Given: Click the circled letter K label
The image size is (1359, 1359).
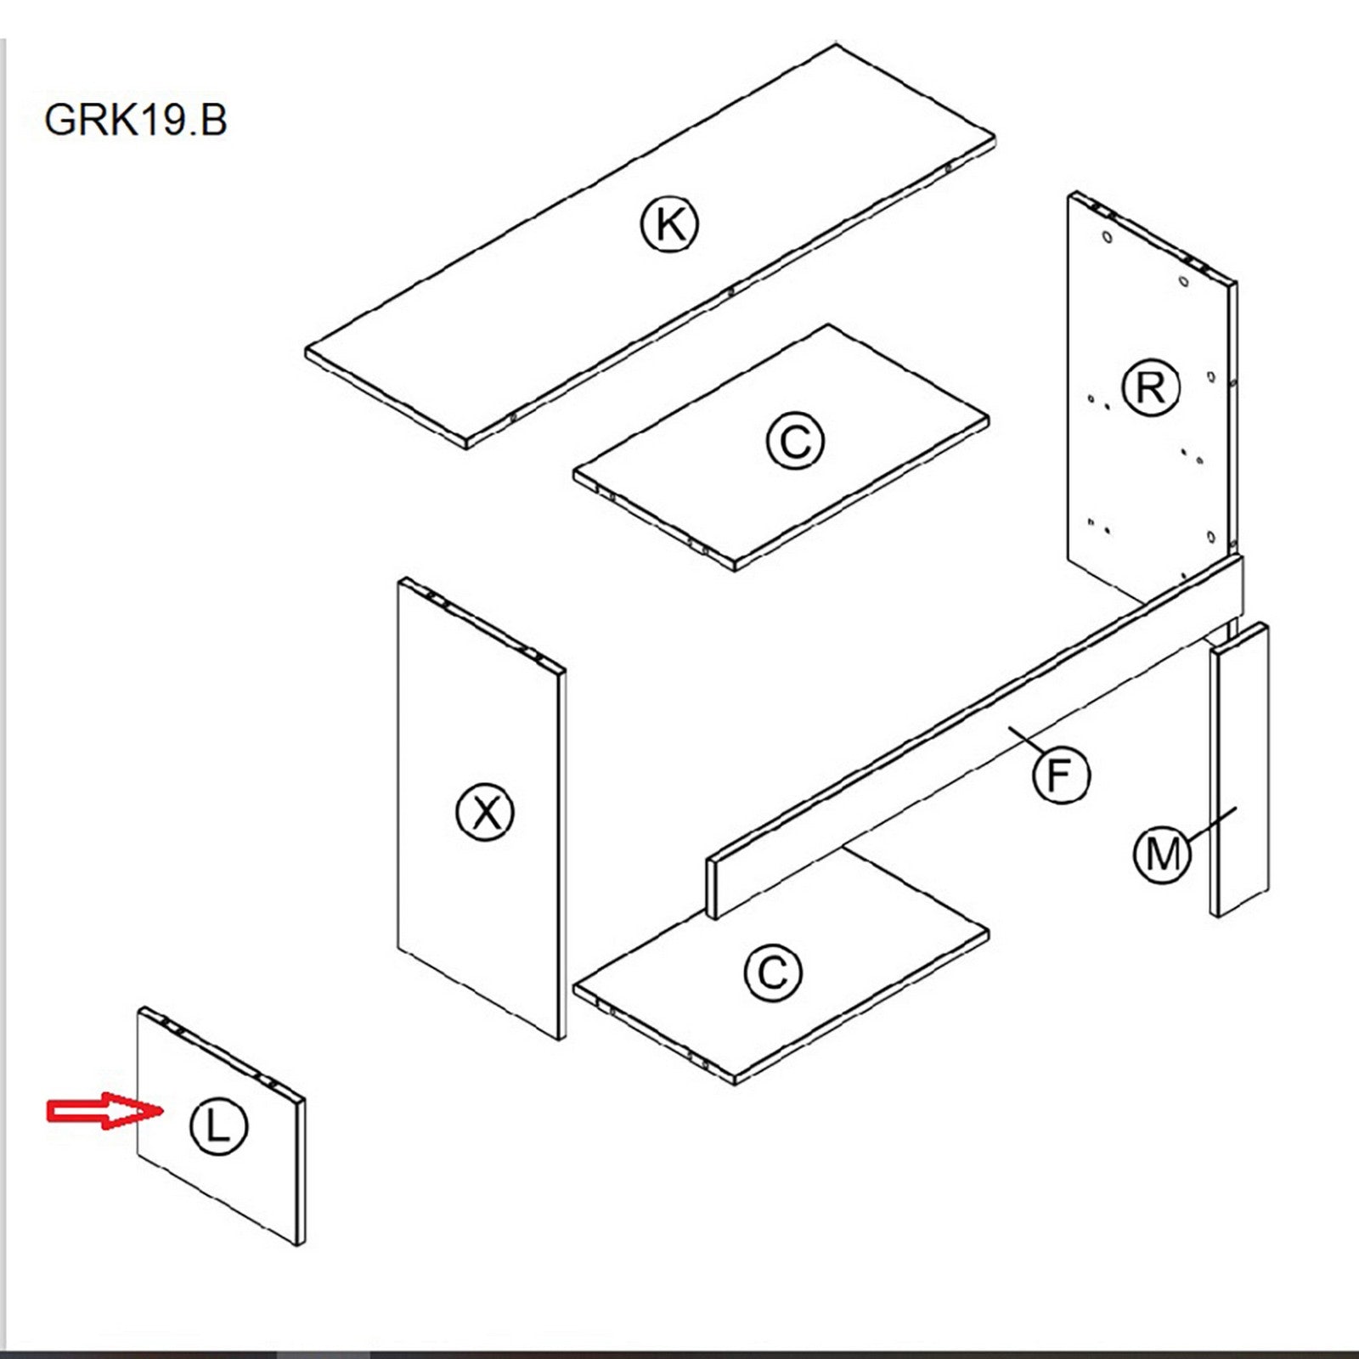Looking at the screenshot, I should tap(669, 225).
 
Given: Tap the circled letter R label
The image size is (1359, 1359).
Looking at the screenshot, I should tap(1150, 388).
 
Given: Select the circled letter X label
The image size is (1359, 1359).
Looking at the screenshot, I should tap(485, 813).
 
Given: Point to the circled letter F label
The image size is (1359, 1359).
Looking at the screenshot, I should tap(1061, 775).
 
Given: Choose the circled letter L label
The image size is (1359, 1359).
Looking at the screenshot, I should tap(218, 1126).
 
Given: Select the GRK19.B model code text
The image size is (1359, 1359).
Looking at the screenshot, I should tap(136, 120).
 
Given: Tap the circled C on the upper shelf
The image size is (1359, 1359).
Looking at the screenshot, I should tap(794, 442).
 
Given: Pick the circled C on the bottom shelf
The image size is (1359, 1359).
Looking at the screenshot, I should tap(772, 972).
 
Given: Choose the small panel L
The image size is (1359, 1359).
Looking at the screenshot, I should tap(246, 1189).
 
